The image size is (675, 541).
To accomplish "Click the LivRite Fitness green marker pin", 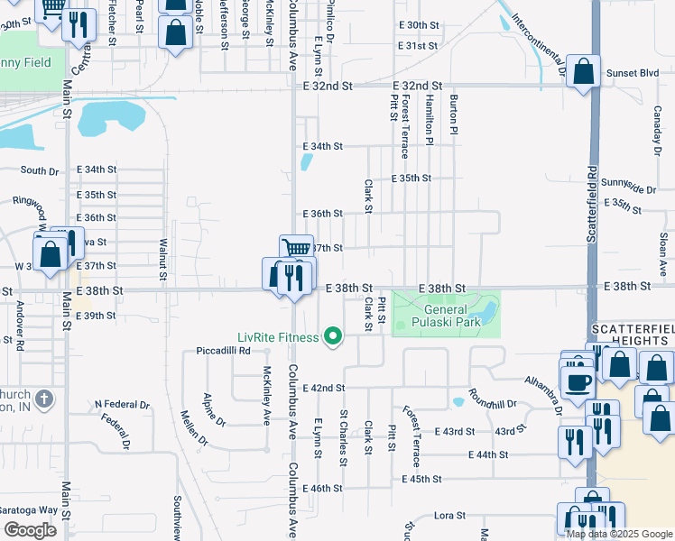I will tap(333, 337).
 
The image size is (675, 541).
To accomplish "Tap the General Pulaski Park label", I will tap(446, 316).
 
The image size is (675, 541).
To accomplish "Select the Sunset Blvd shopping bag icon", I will tap(584, 72).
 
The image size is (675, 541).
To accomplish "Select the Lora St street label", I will tap(448, 516).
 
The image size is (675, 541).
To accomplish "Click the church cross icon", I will tap(46, 398).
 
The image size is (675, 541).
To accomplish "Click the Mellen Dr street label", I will tap(195, 428).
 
